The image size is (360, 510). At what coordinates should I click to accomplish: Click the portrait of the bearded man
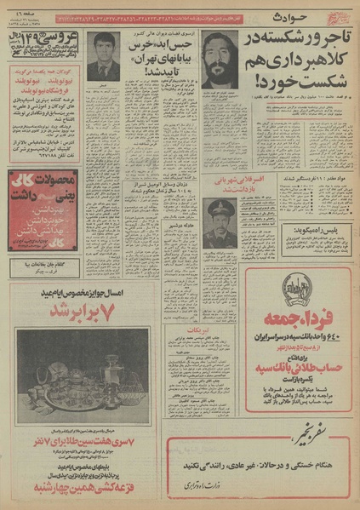(220, 59)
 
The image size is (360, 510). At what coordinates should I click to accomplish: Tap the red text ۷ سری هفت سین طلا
(83, 442)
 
